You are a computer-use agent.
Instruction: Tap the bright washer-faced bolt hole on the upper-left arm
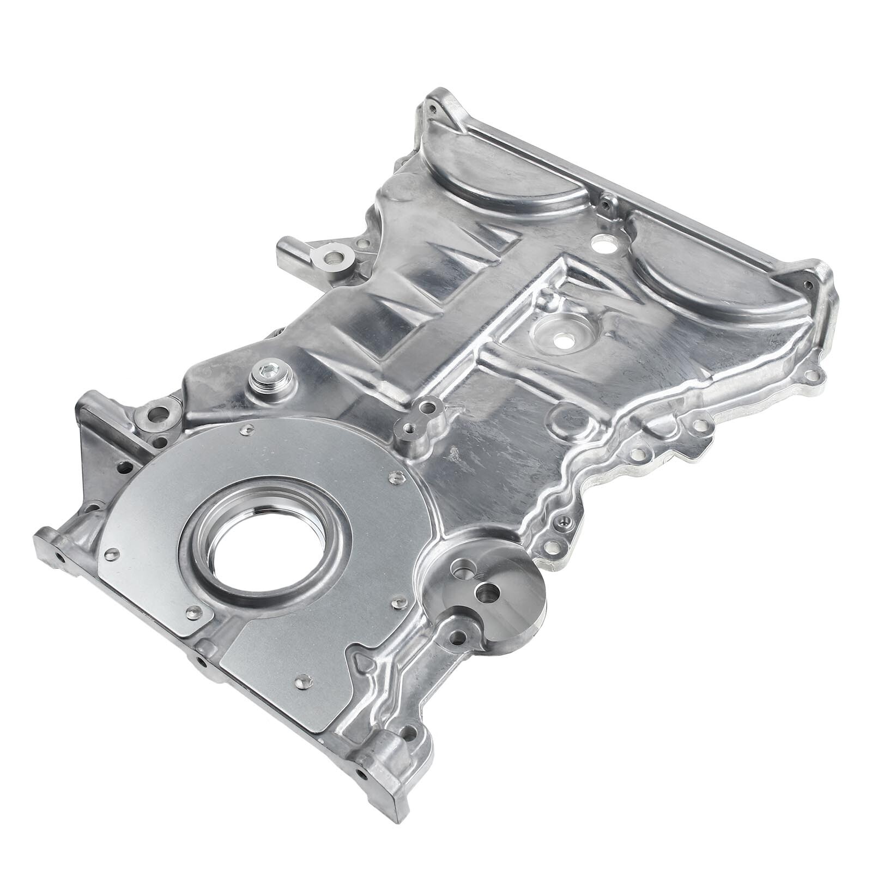click(x=331, y=255)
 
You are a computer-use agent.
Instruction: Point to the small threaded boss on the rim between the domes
click(x=604, y=205)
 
